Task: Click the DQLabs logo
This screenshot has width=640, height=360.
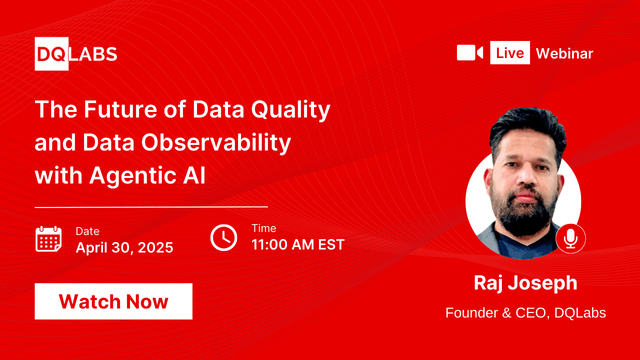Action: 76,53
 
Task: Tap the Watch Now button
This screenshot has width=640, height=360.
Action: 113,301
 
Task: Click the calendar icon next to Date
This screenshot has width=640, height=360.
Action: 48,238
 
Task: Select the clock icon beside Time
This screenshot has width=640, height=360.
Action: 223,237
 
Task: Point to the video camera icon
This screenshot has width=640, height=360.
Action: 469,52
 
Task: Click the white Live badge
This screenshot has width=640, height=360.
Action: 509,52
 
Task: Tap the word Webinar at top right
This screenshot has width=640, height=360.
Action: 564,53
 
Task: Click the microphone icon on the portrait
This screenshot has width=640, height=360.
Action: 570,238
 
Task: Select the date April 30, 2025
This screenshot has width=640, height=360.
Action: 124,247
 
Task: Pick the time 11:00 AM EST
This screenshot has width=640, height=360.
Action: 298,244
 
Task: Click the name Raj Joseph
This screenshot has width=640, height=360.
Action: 525,283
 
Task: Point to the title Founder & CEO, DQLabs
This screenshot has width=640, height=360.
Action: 525,313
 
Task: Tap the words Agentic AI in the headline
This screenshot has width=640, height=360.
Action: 147,176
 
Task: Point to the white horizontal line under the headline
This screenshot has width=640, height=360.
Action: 151,206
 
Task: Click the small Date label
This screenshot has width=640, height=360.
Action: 87,231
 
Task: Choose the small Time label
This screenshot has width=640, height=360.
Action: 263,228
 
